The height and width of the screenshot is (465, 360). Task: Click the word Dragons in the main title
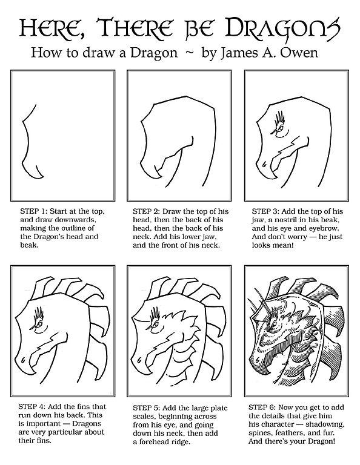click(282, 29)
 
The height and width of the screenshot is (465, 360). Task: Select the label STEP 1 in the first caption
click(33, 211)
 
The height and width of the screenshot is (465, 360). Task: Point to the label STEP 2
click(146, 211)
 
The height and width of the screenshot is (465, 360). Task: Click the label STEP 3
click(265, 211)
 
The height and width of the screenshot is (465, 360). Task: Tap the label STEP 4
click(31, 407)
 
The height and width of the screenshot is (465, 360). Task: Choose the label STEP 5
click(146, 407)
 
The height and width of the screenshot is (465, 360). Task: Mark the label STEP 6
click(262, 407)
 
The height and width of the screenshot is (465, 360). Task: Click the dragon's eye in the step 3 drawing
click(280, 128)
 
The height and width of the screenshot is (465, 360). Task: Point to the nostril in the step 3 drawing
click(265, 163)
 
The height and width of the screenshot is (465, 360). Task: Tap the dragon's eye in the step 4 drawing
click(39, 324)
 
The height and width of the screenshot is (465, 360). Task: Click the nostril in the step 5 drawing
click(139, 361)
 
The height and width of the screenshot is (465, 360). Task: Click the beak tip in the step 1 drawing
click(43, 177)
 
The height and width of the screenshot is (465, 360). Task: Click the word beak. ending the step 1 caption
click(29, 245)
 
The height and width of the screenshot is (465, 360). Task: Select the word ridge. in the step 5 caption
click(178, 442)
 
